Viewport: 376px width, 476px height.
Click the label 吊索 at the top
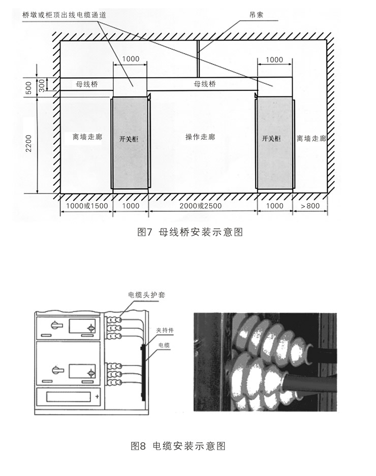[256, 15]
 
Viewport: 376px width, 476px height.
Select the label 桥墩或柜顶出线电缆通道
[65, 15]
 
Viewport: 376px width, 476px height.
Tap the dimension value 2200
[28, 144]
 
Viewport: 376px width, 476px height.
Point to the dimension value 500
[28, 88]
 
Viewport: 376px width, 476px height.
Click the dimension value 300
[42, 85]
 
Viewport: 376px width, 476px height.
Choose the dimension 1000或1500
[87, 206]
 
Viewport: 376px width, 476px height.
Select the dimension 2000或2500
[201, 206]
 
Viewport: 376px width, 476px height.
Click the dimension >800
[310, 206]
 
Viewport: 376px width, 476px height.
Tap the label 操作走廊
[200, 137]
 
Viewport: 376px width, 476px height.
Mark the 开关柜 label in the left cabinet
[129, 139]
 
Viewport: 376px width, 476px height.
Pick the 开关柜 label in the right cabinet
[271, 138]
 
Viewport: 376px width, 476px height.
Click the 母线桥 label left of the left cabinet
[87, 84]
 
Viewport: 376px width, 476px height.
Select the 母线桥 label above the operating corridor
[205, 83]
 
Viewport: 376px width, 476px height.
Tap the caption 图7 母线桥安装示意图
[190, 232]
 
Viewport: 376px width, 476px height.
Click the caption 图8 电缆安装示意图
[178, 446]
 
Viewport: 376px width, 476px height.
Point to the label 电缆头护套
[147, 295]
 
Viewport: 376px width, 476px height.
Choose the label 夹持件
[165, 330]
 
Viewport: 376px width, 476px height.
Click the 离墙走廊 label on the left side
[87, 137]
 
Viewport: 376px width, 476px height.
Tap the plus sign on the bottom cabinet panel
[97, 396]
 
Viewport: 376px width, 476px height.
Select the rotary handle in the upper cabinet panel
[56, 326]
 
